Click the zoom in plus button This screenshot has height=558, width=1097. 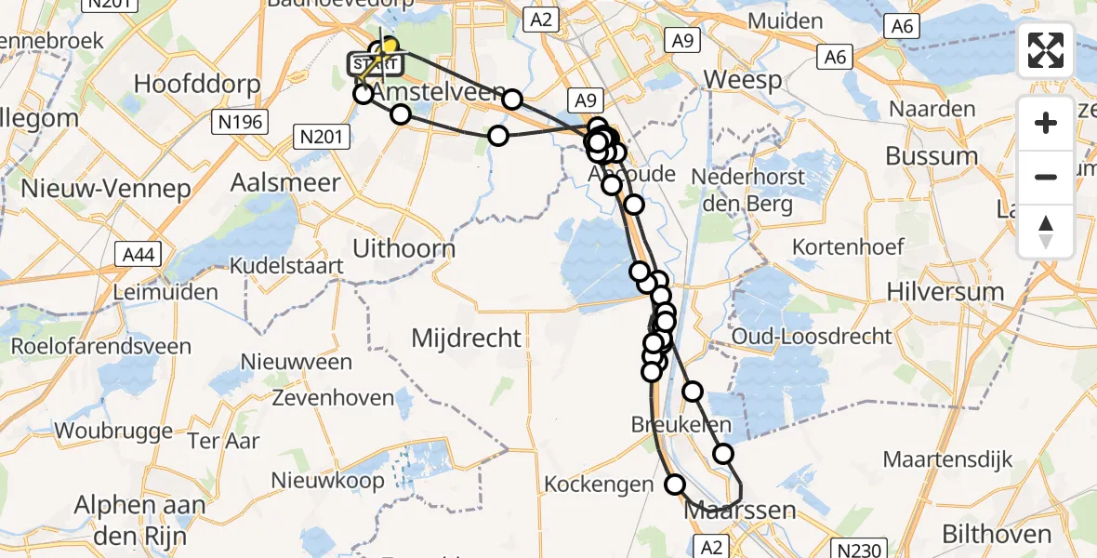[1046, 123]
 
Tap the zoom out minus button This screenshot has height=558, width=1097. [1046, 177]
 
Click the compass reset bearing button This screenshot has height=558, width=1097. [1046, 231]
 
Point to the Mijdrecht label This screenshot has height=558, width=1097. [467, 338]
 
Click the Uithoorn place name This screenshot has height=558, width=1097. [404, 249]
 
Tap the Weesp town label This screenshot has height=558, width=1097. [742, 80]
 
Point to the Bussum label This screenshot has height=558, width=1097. [932, 155]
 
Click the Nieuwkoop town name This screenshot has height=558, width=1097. [328, 481]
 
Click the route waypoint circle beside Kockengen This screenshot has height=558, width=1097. [675, 484]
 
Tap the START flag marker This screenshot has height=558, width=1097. [375, 64]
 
